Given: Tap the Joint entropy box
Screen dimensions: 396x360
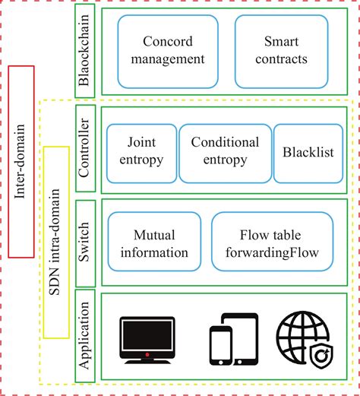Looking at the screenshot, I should pyautogui.click(x=141, y=151).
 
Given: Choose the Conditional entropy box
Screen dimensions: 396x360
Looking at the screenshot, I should pyautogui.click(x=224, y=151).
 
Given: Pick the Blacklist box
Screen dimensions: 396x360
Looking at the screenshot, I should pyautogui.click(x=303, y=152).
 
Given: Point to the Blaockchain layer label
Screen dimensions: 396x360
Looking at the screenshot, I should pyautogui.click(x=85, y=50).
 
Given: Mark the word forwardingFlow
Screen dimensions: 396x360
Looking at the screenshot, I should pyautogui.click(x=272, y=252).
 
